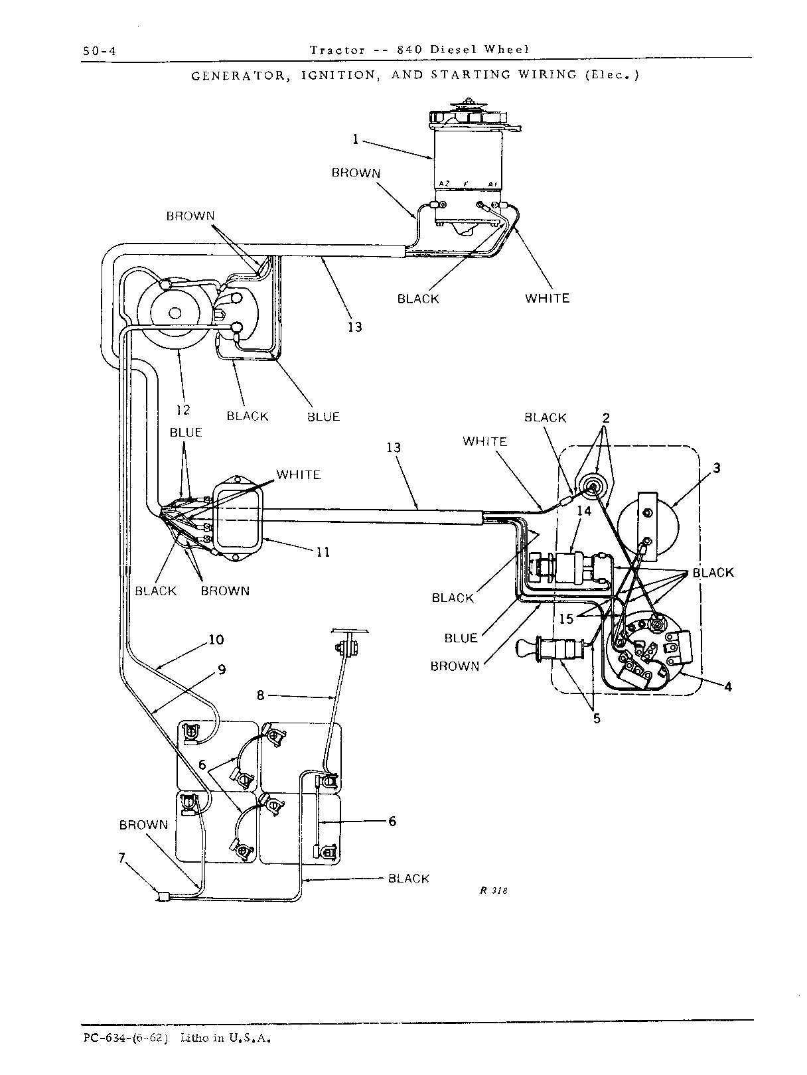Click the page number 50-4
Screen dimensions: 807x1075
point(99,51)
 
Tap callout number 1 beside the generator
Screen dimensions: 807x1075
point(356,139)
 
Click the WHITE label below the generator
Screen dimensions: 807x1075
point(547,298)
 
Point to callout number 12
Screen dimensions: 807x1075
point(183,410)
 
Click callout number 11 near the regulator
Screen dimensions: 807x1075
point(323,553)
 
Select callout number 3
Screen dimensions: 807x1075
point(717,468)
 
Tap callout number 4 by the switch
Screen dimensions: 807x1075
point(728,687)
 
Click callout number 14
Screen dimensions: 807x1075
point(584,512)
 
